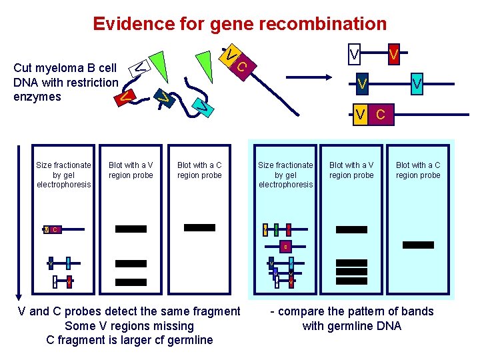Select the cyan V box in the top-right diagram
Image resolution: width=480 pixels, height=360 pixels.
click(417, 83)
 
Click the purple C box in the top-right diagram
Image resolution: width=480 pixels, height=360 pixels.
click(380, 114)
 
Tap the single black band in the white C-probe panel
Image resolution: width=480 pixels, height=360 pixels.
click(199, 227)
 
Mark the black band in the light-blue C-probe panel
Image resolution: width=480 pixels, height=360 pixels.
click(418, 245)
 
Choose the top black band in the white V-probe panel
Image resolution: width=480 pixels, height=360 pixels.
click(131, 229)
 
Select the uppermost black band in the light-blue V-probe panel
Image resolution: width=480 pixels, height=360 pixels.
click(351, 229)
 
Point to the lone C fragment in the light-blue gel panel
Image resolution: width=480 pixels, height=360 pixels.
click(285, 247)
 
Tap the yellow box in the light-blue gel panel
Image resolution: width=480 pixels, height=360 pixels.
click(265, 229)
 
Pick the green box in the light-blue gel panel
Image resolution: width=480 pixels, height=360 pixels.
click(276, 229)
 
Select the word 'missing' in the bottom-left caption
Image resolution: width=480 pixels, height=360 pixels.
click(173, 326)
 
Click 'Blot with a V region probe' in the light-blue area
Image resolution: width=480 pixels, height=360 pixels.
click(351, 170)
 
